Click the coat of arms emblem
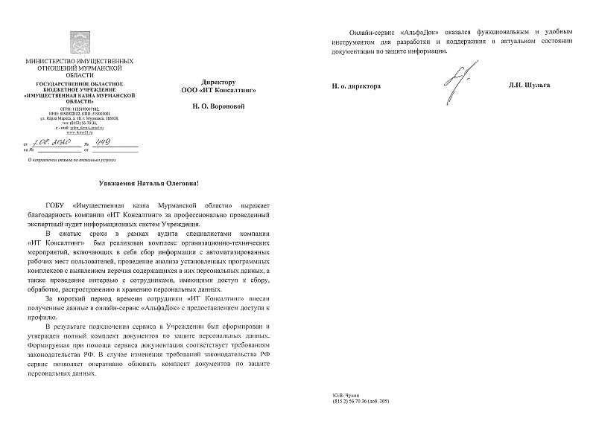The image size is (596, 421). pyautogui.click(x=79, y=42)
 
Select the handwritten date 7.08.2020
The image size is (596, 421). pyautogui.click(x=48, y=143)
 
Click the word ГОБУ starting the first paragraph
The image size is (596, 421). pyautogui.click(x=57, y=205)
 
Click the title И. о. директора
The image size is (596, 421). pyautogui.click(x=356, y=86)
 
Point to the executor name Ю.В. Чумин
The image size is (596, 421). pyautogui.click(x=346, y=396)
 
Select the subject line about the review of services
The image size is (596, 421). pyautogui.click(x=62, y=159)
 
